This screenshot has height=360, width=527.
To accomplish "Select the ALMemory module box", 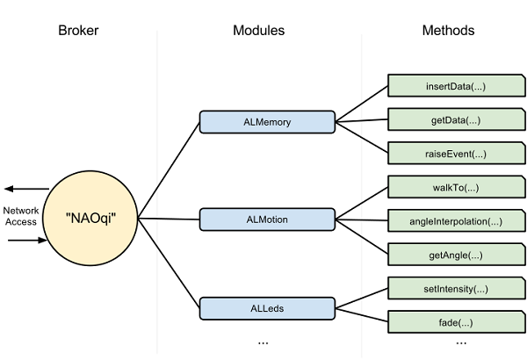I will click(x=267, y=122).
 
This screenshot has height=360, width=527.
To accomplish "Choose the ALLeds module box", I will click(x=267, y=308).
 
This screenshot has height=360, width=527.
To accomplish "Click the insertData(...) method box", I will click(x=449, y=87).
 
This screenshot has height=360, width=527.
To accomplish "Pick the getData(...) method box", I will click(x=449, y=120).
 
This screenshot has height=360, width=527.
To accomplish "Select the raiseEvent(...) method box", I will click(x=449, y=154).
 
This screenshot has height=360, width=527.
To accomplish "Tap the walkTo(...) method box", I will click(x=449, y=187).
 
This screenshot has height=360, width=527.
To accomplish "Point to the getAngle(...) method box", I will click(x=449, y=255).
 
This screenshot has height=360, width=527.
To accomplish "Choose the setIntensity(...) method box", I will click(x=449, y=288).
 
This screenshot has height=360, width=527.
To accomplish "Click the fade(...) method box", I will click(x=449, y=321).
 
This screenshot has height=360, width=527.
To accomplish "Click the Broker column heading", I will click(x=78, y=30).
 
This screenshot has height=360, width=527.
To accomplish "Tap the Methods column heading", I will click(x=447, y=30).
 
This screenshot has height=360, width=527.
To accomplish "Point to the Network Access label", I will click(x=20, y=216).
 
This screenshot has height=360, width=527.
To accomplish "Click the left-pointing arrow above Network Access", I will click(x=25, y=189).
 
